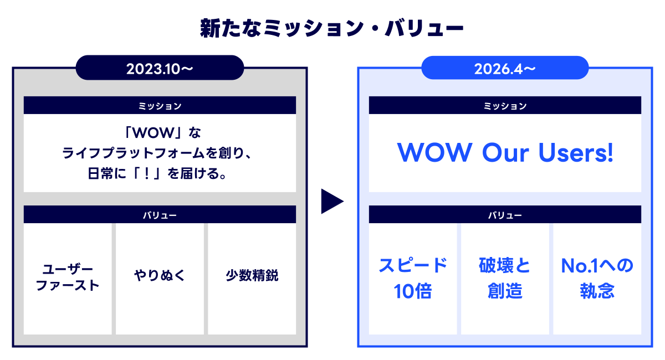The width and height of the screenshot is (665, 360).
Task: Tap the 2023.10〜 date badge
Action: [x=160, y=69]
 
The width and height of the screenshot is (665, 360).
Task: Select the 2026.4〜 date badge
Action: [x=505, y=69]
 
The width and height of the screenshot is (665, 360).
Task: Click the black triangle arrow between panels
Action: [x=331, y=202]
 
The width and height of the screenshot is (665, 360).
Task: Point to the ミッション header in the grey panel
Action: [x=160, y=105]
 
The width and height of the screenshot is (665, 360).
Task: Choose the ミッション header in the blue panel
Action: [x=505, y=105]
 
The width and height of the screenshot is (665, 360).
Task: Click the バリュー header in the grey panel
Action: [x=160, y=215]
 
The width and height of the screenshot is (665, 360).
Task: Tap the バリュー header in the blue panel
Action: [x=505, y=215]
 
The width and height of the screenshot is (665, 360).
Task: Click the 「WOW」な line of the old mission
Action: [x=160, y=133]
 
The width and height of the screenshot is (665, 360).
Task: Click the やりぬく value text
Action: [x=160, y=275]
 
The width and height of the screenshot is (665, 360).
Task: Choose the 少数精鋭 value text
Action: [x=252, y=275]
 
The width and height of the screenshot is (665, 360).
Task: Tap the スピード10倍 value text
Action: [x=413, y=278]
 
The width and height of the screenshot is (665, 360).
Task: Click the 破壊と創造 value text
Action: [x=505, y=278]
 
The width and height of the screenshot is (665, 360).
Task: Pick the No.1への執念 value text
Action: [x=597, y=278]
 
